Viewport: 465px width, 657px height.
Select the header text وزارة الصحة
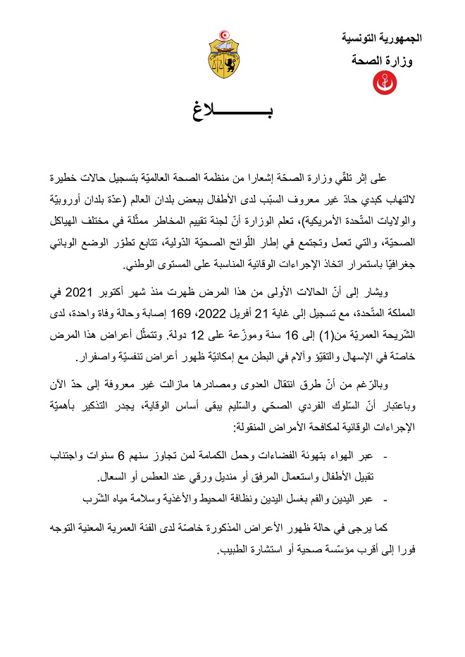click(x=381, y=61)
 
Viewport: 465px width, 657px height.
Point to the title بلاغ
click(x=232, y=112)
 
